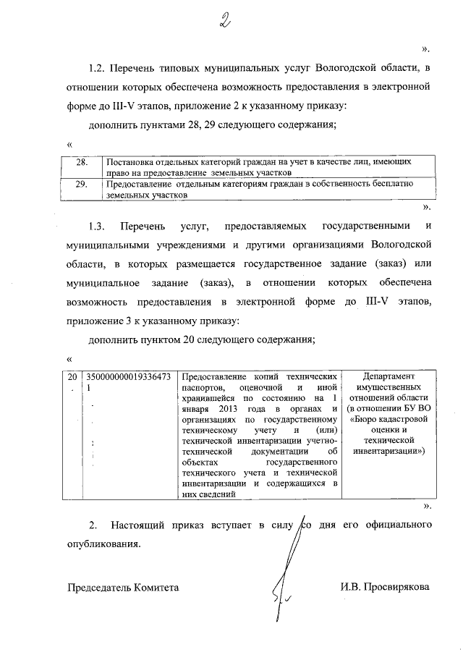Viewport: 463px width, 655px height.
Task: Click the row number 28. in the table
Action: click(82, 163)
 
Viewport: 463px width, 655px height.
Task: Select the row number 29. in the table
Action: click(82, 185)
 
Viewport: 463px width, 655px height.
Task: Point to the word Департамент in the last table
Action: click(388, 378)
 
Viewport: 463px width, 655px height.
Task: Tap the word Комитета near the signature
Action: click(156, 587)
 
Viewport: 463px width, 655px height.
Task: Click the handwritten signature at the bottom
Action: click(284, 586)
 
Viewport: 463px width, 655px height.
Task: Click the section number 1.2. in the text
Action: click(98, 69)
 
